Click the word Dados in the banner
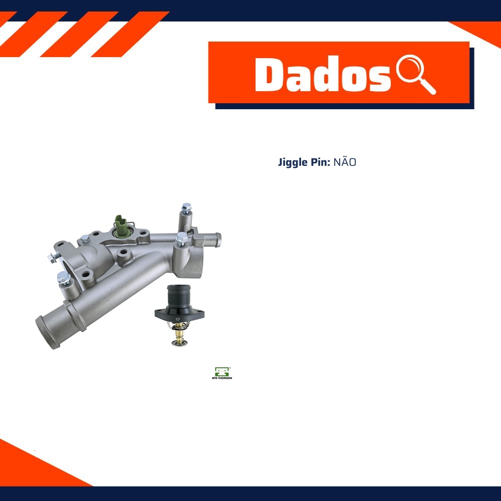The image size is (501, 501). coord(323,75)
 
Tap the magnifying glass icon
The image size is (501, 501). coord(415,74)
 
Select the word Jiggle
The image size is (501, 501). coord(292,163)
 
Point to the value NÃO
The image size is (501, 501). coord(345,162)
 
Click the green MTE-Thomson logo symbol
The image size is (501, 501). coord(222,372)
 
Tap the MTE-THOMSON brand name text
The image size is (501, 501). coord(222,378)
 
